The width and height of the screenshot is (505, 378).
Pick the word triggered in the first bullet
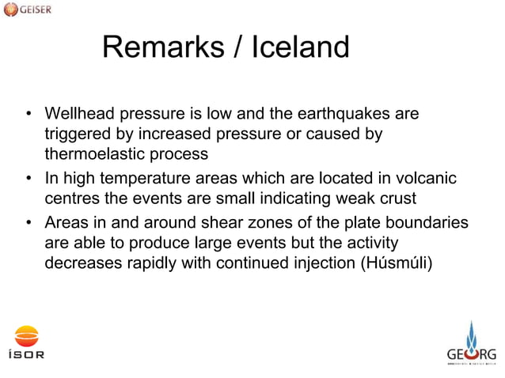pyautogui.click(x=76, y=134)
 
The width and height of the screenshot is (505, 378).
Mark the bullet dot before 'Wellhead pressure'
pyautogui.click(x=28, y=116)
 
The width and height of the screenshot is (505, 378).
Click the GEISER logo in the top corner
pyautogui.click(x=29, y=11)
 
